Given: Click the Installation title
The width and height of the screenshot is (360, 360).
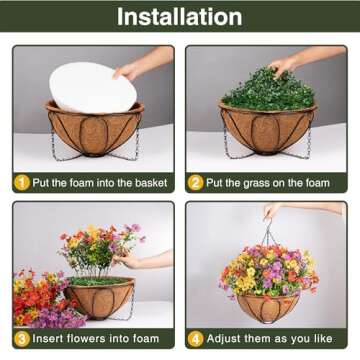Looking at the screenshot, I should click(x=179, y=17).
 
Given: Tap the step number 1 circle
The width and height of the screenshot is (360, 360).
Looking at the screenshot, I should click(x=21, y=183).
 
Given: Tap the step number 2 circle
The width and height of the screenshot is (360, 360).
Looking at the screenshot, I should click(x=196, y=183).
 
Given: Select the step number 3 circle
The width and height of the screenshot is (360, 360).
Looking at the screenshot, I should click(x=21, y=338).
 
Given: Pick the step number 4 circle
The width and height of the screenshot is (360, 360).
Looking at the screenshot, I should click(x=196, y=338).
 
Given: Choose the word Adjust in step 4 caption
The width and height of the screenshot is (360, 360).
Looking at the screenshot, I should click(x=224, y=338).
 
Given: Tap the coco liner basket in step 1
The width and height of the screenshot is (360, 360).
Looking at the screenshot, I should click(x=95, y=130).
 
